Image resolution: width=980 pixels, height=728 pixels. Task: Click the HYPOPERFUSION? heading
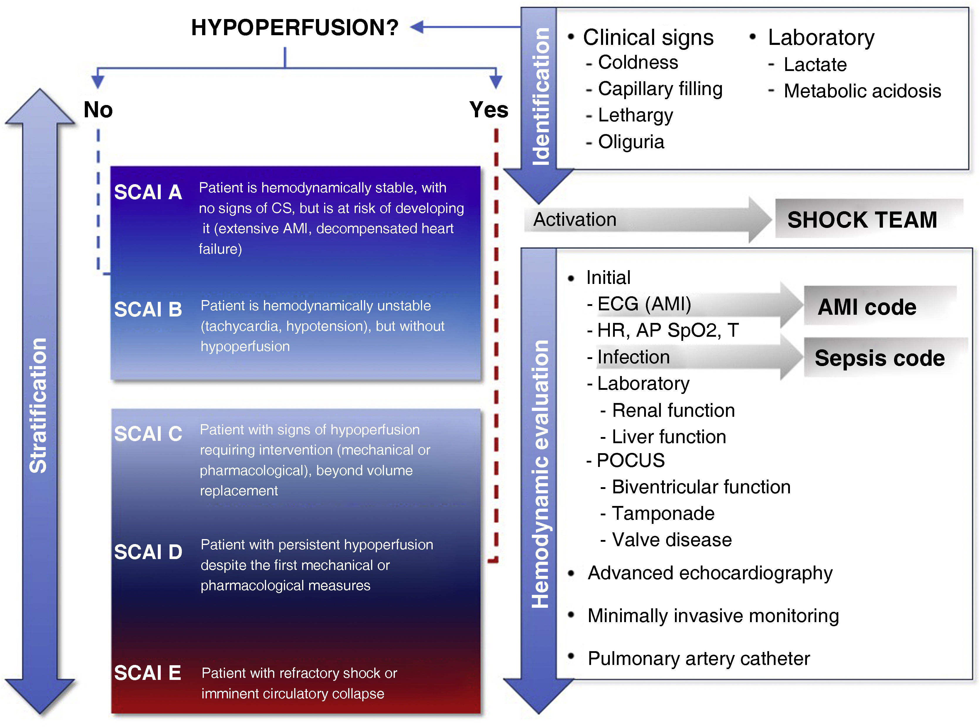pos(294,27)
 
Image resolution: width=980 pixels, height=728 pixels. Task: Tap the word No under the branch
pos(98,109)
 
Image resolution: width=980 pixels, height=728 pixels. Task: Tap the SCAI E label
pos(147,673)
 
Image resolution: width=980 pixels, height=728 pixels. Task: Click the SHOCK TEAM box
pos(862,219)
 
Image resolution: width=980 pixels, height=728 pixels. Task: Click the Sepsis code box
pos(879,358)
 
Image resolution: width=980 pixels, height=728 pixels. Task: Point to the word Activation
pos(575,219)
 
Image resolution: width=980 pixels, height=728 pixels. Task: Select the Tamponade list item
pos(663,513)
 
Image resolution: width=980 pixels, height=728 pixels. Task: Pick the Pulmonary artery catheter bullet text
pos(698,658)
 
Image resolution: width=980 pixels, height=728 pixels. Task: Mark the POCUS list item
pos(630,460)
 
